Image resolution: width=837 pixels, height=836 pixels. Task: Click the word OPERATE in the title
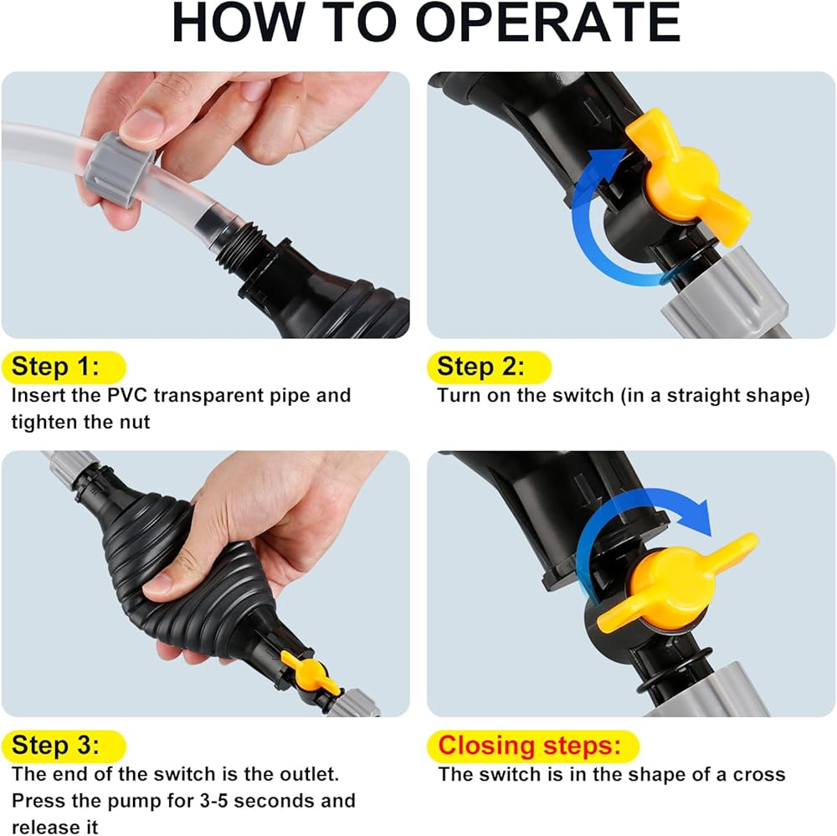[547, 23]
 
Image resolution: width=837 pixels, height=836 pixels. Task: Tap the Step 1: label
[55, 367]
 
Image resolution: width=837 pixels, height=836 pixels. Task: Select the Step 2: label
[480, 367]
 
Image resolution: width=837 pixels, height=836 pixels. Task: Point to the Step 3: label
[55, 746]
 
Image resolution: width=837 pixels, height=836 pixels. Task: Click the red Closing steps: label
[530, 746]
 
